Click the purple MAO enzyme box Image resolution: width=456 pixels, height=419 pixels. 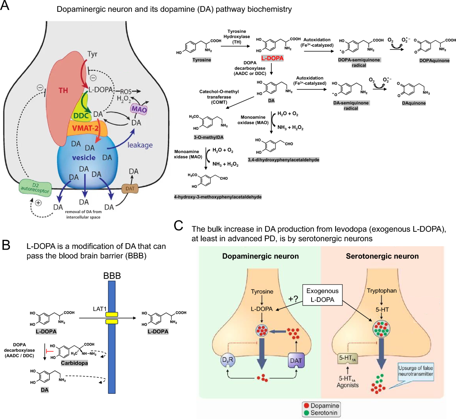click(139, 109)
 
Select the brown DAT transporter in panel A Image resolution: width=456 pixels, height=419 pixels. click(130, 188)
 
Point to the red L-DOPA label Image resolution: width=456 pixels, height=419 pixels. click(272, 58)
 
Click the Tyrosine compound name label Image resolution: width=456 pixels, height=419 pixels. click(202, 60)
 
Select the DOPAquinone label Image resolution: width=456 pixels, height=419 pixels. click(434, 61)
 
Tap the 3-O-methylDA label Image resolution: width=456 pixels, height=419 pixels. click(209, 137)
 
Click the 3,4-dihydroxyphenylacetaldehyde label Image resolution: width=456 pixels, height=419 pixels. click(283, 160)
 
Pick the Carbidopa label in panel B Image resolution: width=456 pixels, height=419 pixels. click(74, 363)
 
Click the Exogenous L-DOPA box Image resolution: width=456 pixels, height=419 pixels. click(322, 295)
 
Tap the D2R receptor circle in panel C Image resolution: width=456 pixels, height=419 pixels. click(228, 360)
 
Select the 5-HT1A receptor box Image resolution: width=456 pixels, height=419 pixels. click(347, 358)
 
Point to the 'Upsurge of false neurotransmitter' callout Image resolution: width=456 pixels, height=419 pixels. click(415, 371)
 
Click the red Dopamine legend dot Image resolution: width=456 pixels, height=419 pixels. click(307, 406)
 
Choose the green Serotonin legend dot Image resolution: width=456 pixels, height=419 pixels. click(307, 413)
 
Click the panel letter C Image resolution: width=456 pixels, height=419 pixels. click(179, 226)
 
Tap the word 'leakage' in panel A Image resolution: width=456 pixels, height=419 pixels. click(140, 145)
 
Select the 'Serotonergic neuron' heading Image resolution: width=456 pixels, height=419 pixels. click(382, 256)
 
